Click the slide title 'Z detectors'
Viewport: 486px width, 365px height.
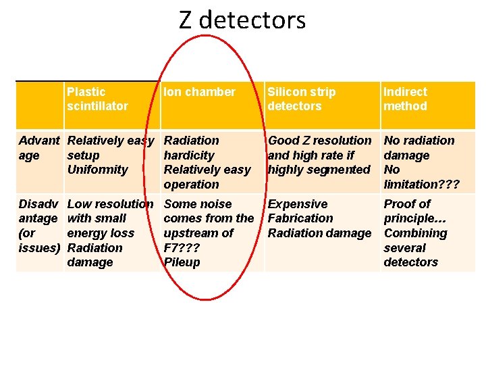(242, 20)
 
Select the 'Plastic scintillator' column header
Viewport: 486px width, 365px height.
(97, 99)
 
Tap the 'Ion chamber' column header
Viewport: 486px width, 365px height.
(200, 92)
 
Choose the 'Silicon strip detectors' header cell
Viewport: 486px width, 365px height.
(301, 99)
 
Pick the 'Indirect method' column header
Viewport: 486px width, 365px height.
(405, 99)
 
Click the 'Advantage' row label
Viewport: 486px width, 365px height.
(38, 148)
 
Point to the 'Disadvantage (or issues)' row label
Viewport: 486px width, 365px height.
(38, 226)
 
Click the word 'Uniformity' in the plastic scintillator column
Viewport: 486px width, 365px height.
(97, 170)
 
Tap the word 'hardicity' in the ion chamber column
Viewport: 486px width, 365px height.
(189, 155)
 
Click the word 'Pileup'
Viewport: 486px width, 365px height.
(182, 262)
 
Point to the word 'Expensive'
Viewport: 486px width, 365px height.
(298, 204)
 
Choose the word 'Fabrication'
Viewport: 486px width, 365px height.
(300, 218)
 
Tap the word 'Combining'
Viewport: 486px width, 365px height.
(415, 233)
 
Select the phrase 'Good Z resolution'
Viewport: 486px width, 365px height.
(319, 141)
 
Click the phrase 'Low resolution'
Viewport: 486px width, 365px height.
(110, 204)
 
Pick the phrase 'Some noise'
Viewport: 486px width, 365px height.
(198, 204)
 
